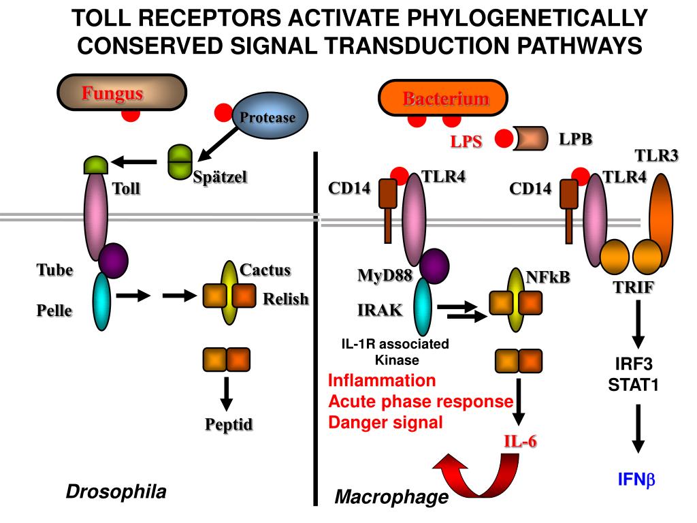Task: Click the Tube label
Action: coord(54,270)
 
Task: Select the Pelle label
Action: coord(54,311)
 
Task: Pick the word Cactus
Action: coord(265,270)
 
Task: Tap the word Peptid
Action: coord(229,425)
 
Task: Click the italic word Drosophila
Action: coord(116,492)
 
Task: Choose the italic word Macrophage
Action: coord(391,498)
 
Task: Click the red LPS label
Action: coord(466,142)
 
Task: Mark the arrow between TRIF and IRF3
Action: coord(638,324)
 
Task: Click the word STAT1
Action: coord(633,384)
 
